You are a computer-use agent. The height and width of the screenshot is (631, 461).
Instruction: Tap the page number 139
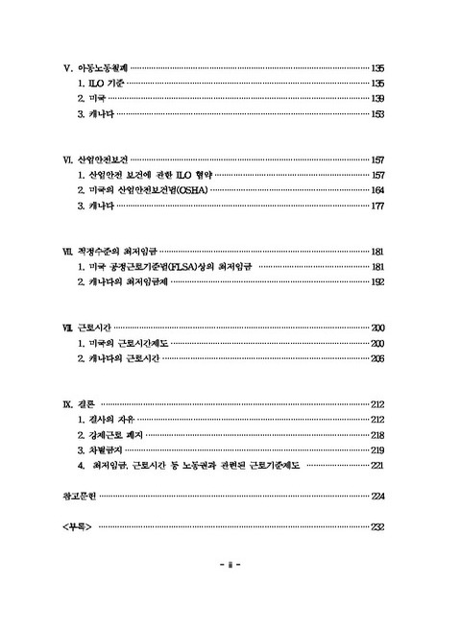(x=377, y=99)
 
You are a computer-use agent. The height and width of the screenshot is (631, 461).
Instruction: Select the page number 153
(x=377, y=114)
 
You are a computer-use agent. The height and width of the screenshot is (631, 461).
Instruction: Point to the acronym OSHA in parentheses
(x=191, y=190)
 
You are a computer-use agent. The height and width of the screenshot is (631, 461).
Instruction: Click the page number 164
(x=377, y=190)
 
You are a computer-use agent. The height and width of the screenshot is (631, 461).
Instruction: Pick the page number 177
(x=377, y=206)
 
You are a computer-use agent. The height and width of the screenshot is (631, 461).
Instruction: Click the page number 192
(x=377, y=281)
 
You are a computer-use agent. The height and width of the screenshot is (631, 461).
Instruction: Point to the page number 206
(x=377, y=357)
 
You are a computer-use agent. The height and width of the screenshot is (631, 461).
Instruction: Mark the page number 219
(x=377, y=450)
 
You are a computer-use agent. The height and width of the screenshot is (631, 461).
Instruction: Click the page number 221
(x=377, y=466)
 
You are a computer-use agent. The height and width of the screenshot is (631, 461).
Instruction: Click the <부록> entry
(x=74, y=527)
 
